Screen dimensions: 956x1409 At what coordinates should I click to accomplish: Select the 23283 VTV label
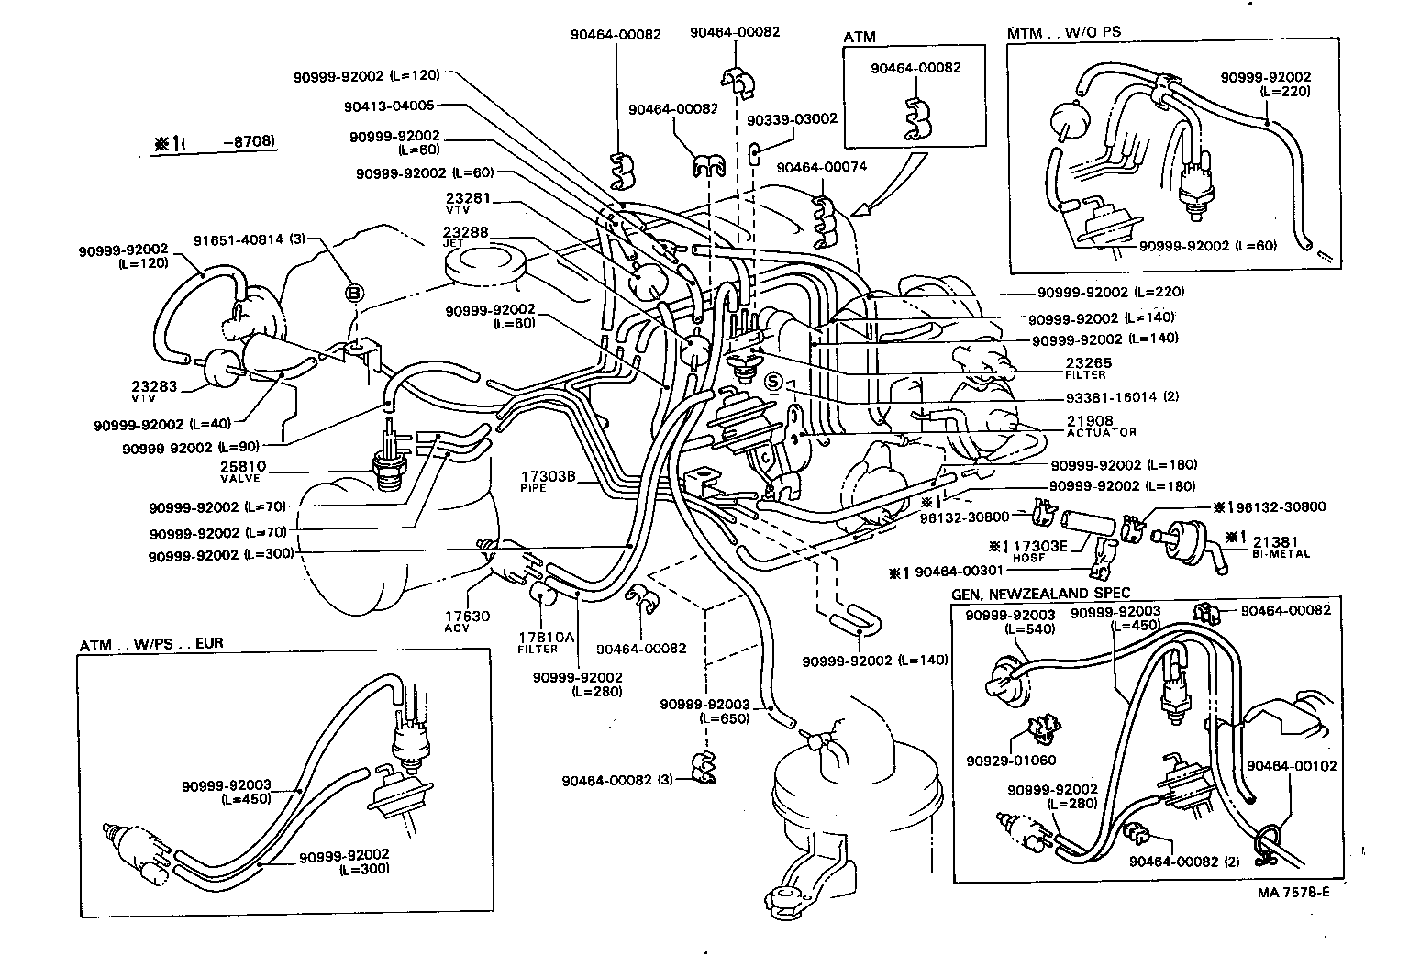point(153,392)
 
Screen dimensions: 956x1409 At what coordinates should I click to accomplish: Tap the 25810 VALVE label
point(242,472)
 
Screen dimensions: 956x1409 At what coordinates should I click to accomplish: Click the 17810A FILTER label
point(538,641)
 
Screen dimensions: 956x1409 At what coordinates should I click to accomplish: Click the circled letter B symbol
point(354,294)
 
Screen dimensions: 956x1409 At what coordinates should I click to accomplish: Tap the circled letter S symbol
point(774,382)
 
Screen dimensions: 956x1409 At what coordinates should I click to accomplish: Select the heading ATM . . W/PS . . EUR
point(151,645)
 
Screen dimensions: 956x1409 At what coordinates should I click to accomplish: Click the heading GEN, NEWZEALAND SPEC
point(1041,594)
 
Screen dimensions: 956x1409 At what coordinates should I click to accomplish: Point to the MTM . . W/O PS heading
point(1064,32)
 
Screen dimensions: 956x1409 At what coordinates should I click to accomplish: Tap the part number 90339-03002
point(792,119)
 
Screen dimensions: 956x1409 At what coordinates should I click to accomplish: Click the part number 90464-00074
point(821,168)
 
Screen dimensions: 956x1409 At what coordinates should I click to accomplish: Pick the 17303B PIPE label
point(548,481)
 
